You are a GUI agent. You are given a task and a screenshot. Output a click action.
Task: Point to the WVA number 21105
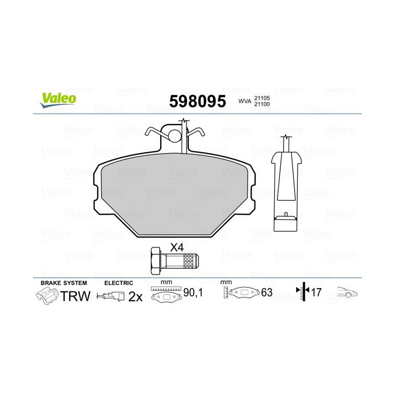(263, 97)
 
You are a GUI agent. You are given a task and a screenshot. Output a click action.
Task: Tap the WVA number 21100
(263, 104)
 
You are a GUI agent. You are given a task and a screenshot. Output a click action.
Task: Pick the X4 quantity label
(176, 247)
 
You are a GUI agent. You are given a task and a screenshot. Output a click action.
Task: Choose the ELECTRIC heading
(119, 283)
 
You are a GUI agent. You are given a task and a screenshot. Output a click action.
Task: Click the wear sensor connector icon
(109, 297)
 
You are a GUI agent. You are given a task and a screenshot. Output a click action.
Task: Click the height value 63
(267, 293)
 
